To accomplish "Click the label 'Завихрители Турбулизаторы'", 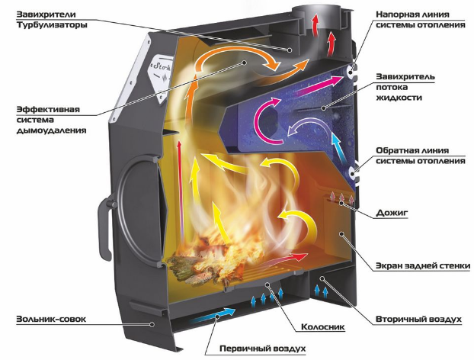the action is click(x=52, y=19).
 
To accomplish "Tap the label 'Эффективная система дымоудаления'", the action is click(x=51, y=120).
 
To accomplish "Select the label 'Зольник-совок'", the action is click(x=51, y=319).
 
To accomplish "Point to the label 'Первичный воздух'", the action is click(x=262, y=349).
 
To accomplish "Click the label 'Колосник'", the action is click(x=323, y=327).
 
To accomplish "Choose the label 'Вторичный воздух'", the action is click(x=418, y=319).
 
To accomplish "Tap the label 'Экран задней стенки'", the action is click(x=423, y=266).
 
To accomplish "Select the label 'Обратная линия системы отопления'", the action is click(x=420, y=156).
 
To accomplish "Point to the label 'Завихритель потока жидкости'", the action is click(x=405, y=87).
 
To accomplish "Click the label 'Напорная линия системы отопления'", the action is click(x=420, y=19).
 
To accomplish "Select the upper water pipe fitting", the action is click(x=351, y=72).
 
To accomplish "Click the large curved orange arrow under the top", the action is click(x=233, y=51).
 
